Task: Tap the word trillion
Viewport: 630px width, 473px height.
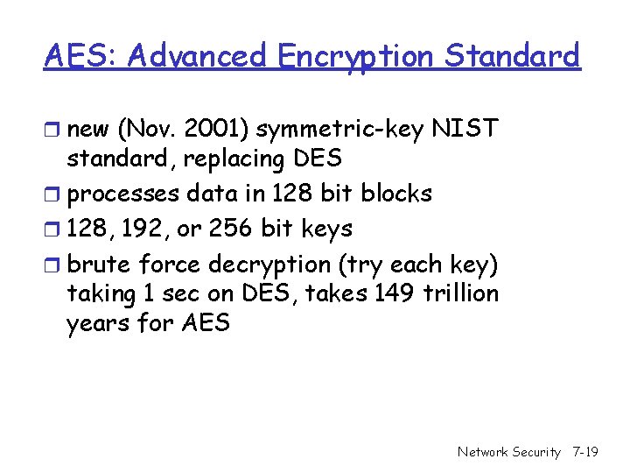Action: tap(461, 293)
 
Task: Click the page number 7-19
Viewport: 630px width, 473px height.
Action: tap(584, 453)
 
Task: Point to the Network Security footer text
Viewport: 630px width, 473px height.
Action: tap(509, 453)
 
